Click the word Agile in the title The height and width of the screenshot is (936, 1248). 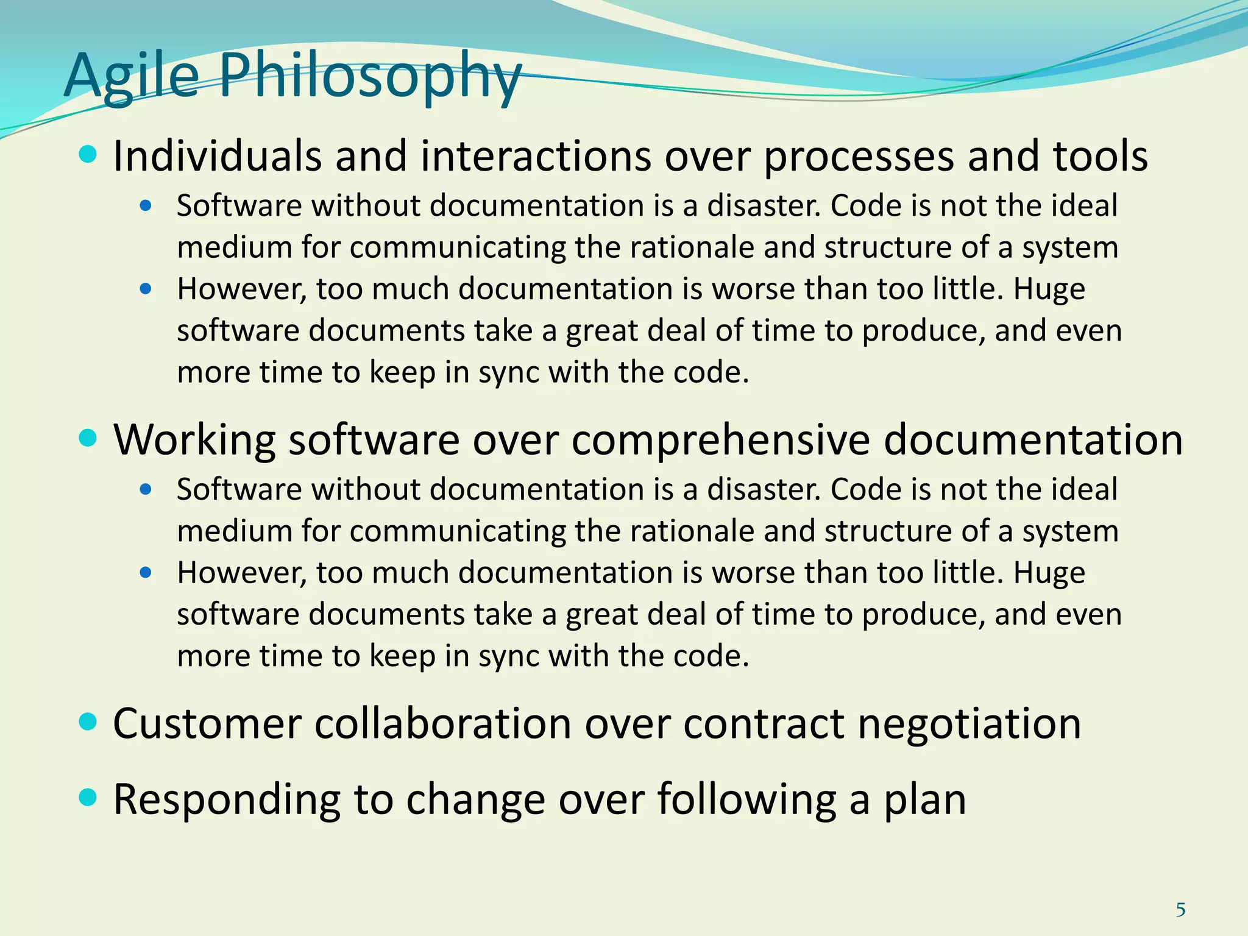tap(131, 76)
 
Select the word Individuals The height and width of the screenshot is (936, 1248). tap(217, 156)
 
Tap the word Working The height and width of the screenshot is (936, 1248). tap(194, 440)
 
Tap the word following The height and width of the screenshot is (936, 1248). tap(746, 799)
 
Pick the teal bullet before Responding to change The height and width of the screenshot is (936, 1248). tap(88, 797)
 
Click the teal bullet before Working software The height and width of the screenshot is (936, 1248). tap(88, 438)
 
